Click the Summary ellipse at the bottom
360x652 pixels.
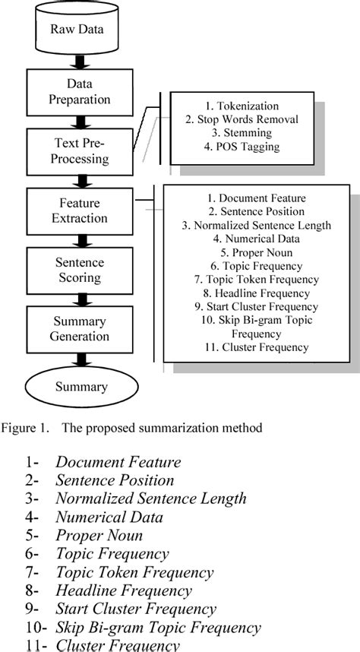[81, 386]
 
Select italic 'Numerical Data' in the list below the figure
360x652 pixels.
[109, 517]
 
